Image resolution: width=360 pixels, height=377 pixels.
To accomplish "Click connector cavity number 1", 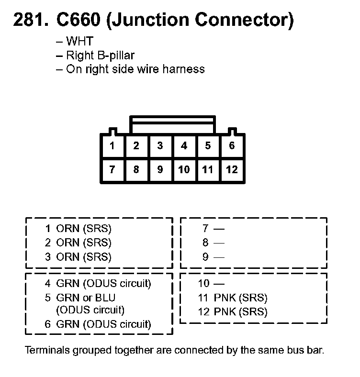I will tap(112, 146).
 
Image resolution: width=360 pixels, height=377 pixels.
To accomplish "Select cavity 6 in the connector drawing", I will tap(232, 146).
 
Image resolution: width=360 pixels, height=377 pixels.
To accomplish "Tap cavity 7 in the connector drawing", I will tap(112, 170).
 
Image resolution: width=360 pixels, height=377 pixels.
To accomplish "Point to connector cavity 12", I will tap(232, 170).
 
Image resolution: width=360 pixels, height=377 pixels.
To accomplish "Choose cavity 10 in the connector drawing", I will tap(184, 170).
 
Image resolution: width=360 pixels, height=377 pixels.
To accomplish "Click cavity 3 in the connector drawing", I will tap(160, 146).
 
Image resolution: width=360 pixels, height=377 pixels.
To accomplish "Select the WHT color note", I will tap(79, 42).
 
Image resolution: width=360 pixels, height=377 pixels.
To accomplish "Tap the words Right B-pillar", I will tap(100, 55).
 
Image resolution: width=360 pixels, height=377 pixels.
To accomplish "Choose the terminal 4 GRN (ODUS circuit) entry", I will tap(98, 283).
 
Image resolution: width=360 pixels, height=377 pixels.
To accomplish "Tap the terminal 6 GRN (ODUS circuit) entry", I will tap(98, 324).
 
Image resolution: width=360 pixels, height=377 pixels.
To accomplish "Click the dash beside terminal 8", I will tap(219, 243).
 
